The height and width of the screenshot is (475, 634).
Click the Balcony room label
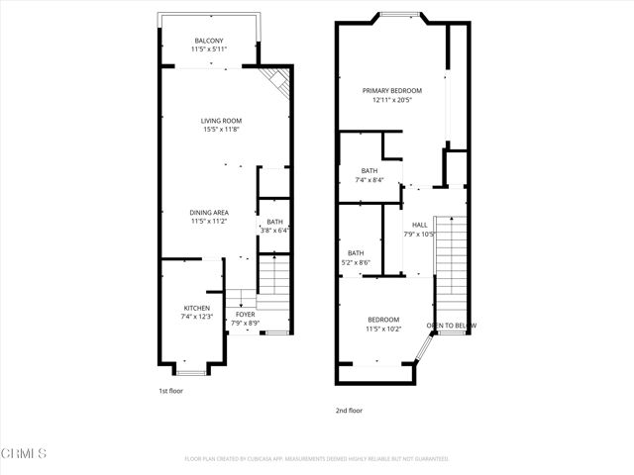(x=209, y=40)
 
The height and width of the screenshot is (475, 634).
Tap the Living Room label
(x=222, y=121)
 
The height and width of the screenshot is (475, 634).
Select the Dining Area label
(x=209, y=212)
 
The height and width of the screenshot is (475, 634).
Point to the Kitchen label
(x=195, y=308)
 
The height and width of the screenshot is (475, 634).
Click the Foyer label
(x=245, y=315)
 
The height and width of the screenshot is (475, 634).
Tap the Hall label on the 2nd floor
(x=420, y=226)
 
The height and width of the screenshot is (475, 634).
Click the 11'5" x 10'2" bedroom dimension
(x=383, y=328)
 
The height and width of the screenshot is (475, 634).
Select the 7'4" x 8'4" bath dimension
(x=370, y=180)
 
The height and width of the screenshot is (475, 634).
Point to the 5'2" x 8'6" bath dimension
(x=356, y=262)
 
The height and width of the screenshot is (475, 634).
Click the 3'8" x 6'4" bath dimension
(x=274, y=231)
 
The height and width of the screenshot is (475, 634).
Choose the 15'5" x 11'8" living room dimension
(x=222, y=130)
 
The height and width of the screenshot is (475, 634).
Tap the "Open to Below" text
(x=451, y=326)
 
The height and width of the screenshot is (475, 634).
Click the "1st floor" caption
(x=170, y=391)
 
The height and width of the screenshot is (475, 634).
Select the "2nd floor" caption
(x=349, y=410)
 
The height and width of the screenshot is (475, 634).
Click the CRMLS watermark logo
(x=25, y=453)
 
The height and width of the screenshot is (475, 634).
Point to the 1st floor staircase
(x=272, y=281)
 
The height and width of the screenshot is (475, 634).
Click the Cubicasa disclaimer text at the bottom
(x=317, y=458)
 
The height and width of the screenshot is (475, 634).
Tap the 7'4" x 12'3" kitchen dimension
(x=195, y=317)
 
